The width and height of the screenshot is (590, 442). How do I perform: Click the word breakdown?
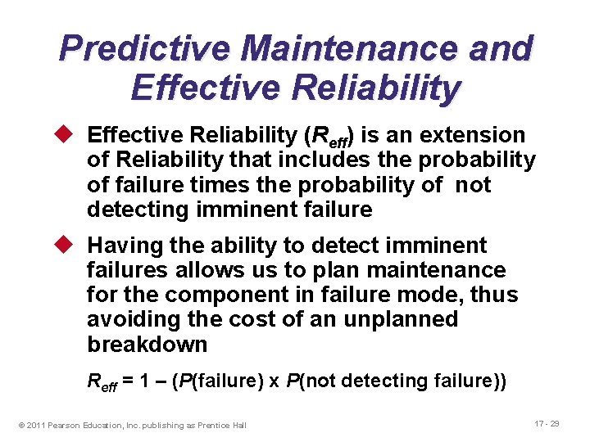pos(147,344)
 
